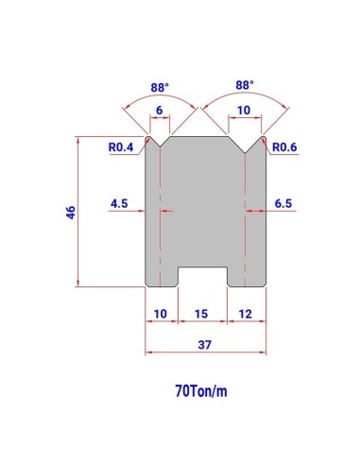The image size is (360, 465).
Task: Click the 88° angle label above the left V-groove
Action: coord(160,87)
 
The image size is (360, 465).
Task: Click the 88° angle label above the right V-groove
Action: coord(245,85)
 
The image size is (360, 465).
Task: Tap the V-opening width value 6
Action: coord(160,111)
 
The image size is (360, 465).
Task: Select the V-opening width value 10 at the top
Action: coord(244,111)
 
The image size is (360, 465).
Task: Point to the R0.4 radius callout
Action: coord(121,147)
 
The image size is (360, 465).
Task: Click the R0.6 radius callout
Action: coord(284,147)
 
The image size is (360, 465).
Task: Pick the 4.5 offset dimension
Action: coord(119,203)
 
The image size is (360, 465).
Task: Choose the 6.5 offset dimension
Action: coord(283,203)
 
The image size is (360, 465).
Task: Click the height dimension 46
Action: coord(71,213)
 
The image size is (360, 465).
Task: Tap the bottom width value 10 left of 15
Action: coord(161,314)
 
